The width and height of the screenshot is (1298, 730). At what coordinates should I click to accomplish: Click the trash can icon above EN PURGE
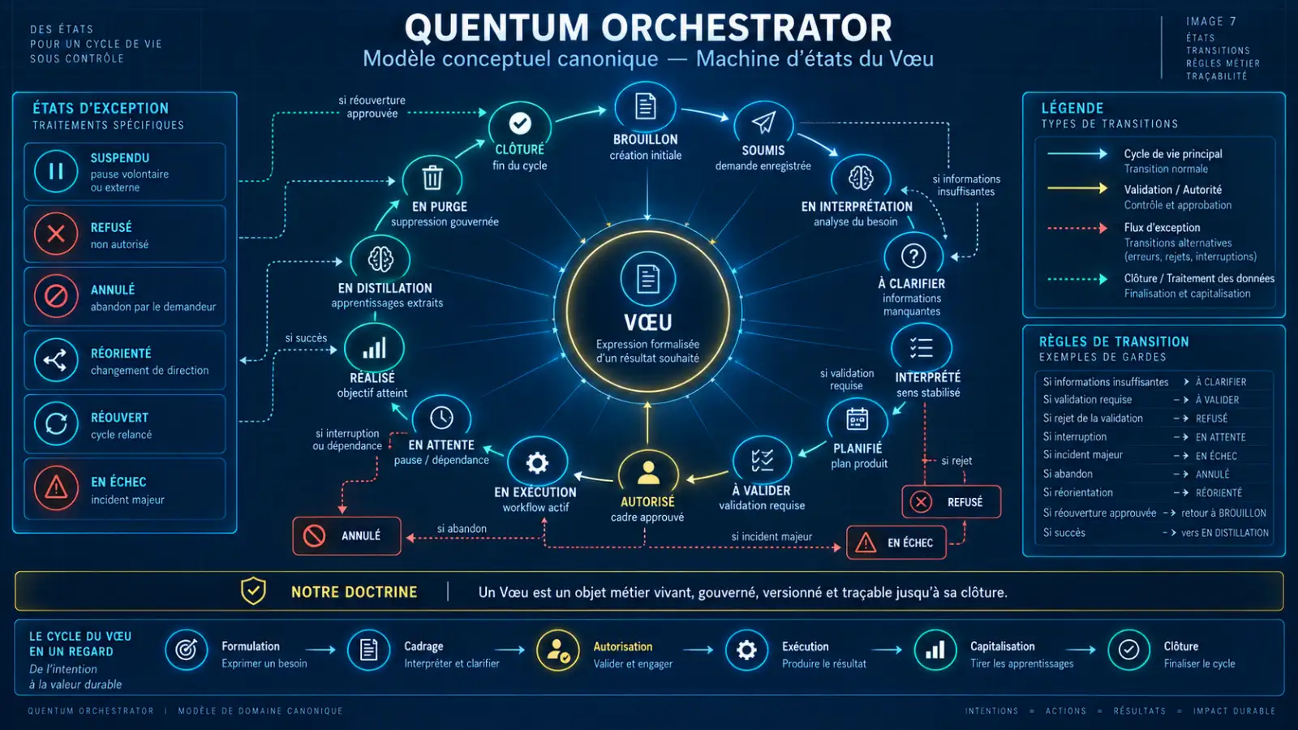[x=432, y=178]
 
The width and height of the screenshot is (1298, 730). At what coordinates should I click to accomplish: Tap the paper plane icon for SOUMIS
[x=763, y=122]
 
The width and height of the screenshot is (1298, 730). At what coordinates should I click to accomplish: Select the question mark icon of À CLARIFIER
[x=913, y=255]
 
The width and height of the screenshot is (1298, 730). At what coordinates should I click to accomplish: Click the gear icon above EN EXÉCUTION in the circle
[x=536, y=463]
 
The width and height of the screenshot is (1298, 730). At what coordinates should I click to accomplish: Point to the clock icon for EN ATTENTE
[x=441, y=418]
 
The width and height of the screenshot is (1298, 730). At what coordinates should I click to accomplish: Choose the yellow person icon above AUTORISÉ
[x=648, y=472]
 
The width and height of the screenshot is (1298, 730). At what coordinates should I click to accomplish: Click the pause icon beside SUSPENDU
[x=56, y=171]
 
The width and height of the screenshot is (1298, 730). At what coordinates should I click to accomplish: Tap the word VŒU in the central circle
[x=648, y=322]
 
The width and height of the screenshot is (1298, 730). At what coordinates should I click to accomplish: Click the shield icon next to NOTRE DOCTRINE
[x=253, y=591]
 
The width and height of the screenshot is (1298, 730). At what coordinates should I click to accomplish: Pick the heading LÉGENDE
[x=1072, y=109]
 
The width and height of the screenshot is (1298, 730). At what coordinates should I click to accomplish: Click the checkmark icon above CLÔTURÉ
[x=520, y=122]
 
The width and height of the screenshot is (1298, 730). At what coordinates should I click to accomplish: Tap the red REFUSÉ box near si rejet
[x=952, y=502]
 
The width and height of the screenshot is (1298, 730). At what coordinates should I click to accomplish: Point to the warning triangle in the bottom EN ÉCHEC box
[x=866, y=543]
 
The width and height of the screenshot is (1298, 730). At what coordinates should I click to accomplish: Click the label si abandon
[x=462, y=528]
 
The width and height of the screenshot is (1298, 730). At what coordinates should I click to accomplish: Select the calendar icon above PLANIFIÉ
[x=857, y=419]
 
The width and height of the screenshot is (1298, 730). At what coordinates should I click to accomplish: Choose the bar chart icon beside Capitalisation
[x=935, y=650]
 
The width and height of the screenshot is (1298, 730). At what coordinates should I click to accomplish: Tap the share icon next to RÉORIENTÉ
[x=56, y=360]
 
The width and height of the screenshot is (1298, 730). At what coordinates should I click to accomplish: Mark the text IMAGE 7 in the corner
[x=1211, y=21]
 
